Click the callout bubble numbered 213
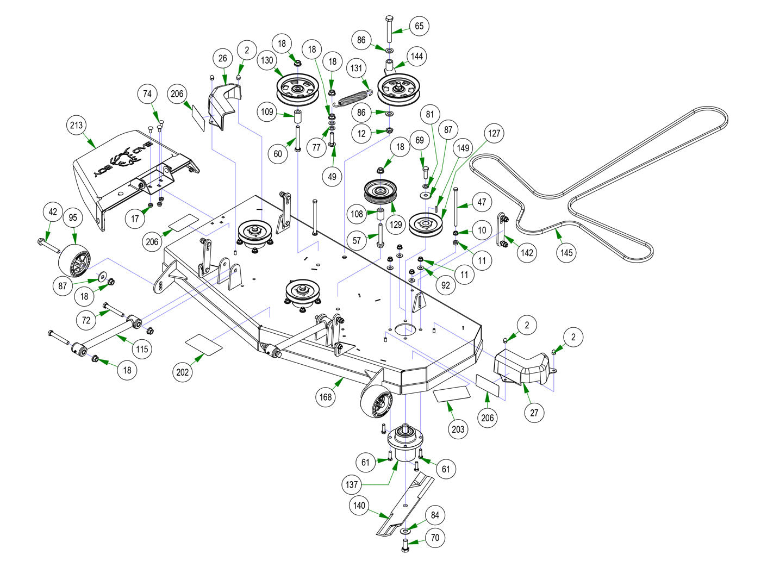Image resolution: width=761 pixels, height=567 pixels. (77, 126)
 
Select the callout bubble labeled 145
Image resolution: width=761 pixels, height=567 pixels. (566, 253)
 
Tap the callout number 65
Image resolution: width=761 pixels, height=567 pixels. (419, 26)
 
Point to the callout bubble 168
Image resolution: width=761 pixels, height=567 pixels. (325, 397)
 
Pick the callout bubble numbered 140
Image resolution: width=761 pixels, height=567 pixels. (359, 505)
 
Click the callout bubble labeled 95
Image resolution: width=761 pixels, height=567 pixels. (73, 218)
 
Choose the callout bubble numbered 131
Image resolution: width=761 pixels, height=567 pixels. (356, 68)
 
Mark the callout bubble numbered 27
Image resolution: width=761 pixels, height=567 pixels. (534, 413)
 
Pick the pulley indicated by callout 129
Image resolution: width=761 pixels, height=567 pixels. (380, 191)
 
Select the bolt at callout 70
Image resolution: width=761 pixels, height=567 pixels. (405, 544)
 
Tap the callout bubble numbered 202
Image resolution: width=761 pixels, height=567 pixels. (183, 372)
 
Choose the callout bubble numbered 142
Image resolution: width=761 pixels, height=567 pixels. (527, 252)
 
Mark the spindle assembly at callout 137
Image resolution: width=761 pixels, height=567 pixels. (404, 443)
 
